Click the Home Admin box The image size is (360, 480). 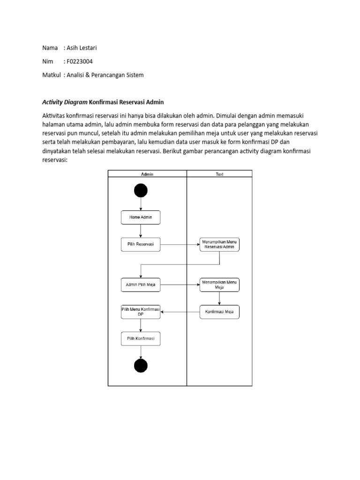[141, 217]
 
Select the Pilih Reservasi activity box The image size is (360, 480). [141, 244]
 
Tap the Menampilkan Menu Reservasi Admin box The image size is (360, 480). [219, 244]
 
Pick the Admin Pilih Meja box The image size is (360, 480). [141, 285]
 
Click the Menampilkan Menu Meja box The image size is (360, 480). [219, 285]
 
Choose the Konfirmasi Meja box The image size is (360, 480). [219, 312]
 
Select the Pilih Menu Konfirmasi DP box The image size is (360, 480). [141, 312]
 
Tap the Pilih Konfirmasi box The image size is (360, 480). [141, 338]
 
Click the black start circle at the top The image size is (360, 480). [141, 190]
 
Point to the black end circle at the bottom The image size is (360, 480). [141, 366]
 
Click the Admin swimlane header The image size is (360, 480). [147, 174]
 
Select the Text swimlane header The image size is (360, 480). [219, 174]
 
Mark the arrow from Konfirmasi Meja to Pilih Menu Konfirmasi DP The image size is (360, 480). [180, 312]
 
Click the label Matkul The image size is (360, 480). [52, 75]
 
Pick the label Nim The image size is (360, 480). [48, 61]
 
